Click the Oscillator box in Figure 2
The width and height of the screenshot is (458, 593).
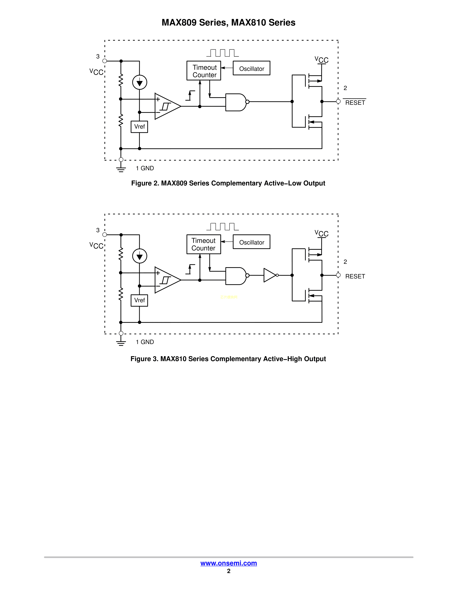[251, 68]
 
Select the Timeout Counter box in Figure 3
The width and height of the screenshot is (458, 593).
[203, 244]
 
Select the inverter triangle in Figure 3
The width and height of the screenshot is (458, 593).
[269, 275]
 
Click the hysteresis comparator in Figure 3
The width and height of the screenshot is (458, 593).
[166, 280]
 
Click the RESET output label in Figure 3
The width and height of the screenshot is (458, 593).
[355, 276]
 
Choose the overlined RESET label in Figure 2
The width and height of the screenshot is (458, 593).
[355, 103]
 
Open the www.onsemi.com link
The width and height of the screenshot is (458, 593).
[228, 563]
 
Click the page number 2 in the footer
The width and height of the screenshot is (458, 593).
[229, 571]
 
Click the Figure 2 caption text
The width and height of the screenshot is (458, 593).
[228, 183]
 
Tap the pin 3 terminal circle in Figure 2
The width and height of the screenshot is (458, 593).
[105, 61]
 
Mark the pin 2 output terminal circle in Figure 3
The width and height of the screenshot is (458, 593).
[338, 275]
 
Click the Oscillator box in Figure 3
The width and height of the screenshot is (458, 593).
[251, 242]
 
